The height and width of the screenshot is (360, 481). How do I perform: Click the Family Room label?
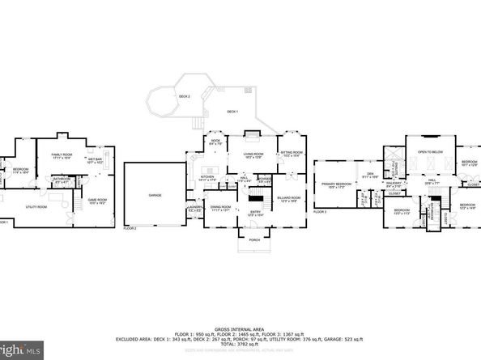63,155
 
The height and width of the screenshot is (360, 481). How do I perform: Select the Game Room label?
97,201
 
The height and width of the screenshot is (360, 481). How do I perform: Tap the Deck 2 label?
185,96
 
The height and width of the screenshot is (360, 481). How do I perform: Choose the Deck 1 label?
233,112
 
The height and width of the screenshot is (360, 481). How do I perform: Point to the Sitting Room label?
292,154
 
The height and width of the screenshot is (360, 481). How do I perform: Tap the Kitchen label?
207,177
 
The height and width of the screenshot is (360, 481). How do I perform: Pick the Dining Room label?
219,207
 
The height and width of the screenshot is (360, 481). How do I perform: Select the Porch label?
255,239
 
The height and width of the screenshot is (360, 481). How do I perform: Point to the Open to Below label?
430,152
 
